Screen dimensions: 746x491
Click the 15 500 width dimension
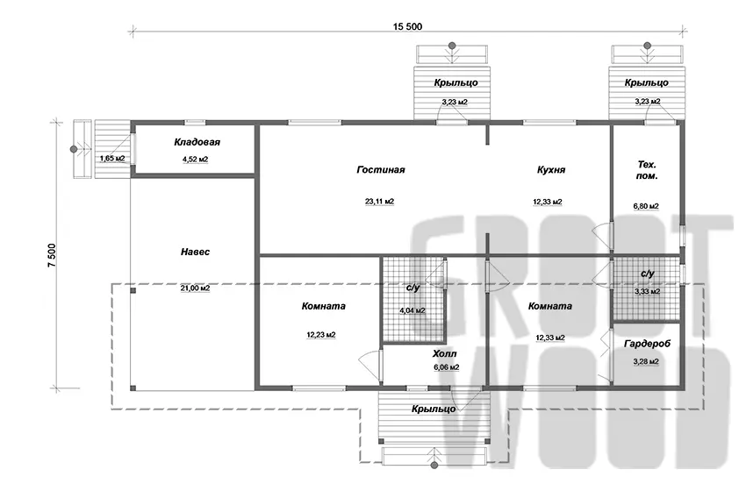(407, 26)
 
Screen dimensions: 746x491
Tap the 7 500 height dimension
(52, 255)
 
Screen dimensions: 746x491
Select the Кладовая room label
(197, 142)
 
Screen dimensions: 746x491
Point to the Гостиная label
(381, 170)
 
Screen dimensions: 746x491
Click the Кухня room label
(551, 170)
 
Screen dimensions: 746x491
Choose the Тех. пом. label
(647, 170)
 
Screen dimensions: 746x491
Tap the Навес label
(195, 252)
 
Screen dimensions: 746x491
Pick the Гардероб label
(647, 343)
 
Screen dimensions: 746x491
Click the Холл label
(444, 354)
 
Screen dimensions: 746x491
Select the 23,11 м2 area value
(380, 202)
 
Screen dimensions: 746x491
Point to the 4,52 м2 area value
(196, 160)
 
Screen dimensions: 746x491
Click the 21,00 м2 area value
(195, 288)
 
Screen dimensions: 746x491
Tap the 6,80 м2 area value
(646, 206)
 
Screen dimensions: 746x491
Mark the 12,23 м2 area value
(321, 335)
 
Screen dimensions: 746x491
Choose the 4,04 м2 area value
(412, 311)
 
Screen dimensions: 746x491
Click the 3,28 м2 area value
(646, 362)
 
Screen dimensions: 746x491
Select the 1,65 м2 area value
(112, 159)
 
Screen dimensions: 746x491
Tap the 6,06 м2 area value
(446, 367)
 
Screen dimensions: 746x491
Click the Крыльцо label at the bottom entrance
(434, 409)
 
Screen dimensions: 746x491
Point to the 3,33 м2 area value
(647, 291)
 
